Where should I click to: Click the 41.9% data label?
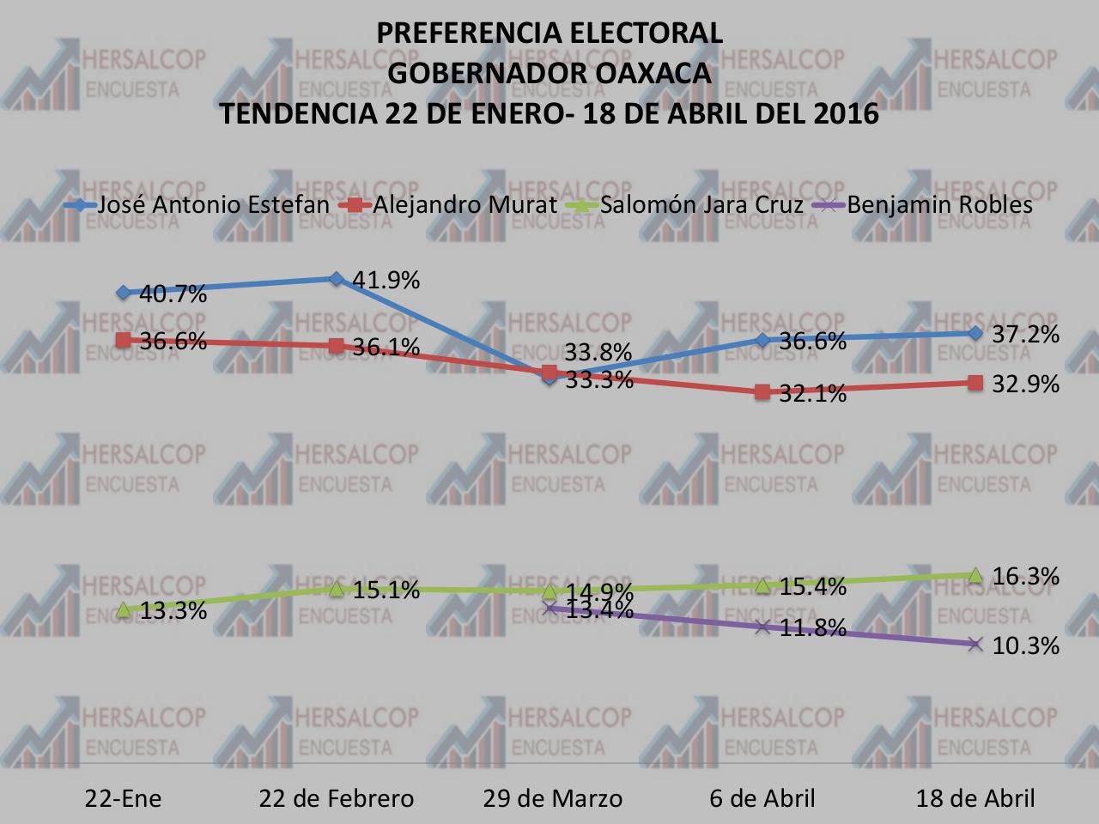[x=386, y=280]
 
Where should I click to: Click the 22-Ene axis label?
[x=123, y=798]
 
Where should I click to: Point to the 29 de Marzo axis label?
[x=552, y=798]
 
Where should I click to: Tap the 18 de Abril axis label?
[x=975, y=798]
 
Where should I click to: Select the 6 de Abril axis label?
[x=762, y=798]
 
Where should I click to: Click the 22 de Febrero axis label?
[x=337, y=798]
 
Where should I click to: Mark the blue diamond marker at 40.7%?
[x=123, y=293]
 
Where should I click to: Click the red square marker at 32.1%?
[x=762, y=392]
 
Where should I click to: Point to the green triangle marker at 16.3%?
[x=975, y=575]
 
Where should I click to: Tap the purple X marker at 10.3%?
[x=975, y=644]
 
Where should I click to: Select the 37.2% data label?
[x=1025, y=334]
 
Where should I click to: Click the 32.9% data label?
[x=1025, y=384]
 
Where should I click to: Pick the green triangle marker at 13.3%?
[x=123, y=609]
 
